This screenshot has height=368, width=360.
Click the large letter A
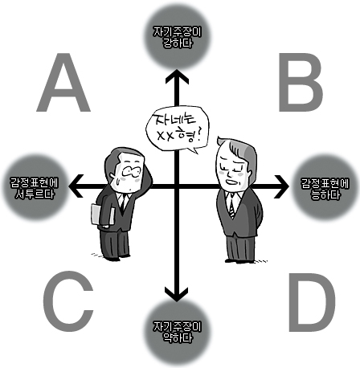[x=63, y=83]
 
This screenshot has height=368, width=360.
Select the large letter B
[x=300, y=83]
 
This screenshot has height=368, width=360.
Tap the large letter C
[x=68, y=301]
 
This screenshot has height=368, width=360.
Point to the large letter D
[x=312, y=302]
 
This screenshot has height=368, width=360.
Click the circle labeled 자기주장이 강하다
[x=177, y=36]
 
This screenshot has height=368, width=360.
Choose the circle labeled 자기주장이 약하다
[x=177, y=332]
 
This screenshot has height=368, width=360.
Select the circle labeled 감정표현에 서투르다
[x=35, y=187]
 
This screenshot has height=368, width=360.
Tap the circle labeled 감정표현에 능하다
[x=325, y=187]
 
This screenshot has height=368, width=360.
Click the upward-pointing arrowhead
[x=177, y=76]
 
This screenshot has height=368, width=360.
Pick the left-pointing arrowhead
[x=76, y=186]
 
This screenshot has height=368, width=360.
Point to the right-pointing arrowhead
[x=281, y=186]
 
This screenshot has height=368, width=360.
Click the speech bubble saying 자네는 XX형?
[x=178, y=129]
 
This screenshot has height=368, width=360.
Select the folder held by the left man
[x=102, y=215]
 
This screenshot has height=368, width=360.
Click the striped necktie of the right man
[x=232, y=204]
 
